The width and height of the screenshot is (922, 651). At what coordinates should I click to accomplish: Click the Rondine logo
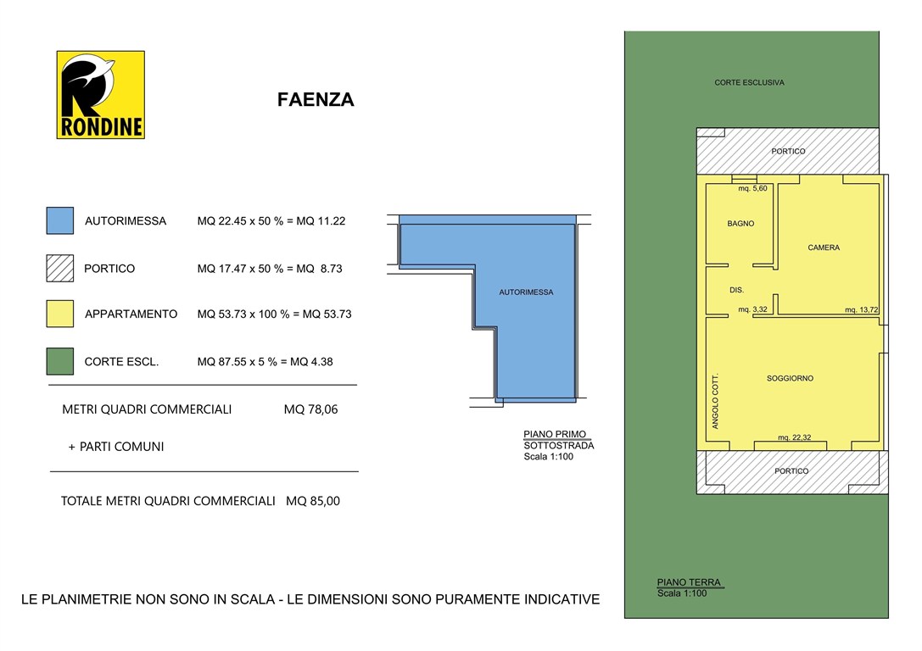pyautogui.click(x=100, y=94)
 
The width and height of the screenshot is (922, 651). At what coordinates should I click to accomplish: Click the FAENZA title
pyautogui.click(x=316, y=100)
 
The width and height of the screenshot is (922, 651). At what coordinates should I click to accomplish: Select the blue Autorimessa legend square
pyautogui.click(x=59, y=220)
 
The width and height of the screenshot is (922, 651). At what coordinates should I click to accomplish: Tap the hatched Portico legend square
pyautogui.click(x=59, y=268)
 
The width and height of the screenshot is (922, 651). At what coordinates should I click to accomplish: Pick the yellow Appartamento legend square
pyautogui.click(x=59, y=314)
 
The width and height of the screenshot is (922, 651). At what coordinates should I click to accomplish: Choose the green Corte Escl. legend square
pyautogui.click(x=59, y=361)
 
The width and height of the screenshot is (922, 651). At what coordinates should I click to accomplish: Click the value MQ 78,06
pyautogui.click(x=310, y=409)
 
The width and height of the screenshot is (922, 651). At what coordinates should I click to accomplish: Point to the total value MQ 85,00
pyautogui.click(x=312, y=501)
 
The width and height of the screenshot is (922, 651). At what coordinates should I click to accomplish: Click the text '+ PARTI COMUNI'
pyautogui.click(x=116, y=447)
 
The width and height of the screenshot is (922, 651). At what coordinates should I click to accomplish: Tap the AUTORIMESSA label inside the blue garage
pyautogui.click(x=526, y=292)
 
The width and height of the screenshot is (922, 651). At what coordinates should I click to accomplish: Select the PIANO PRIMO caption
pyautogui.click(x=555, y=434)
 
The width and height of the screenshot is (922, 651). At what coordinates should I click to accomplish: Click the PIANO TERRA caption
pyautogui.click(x=689, y=582)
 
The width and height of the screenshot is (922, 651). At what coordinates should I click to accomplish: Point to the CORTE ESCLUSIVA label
pyautogui.click(x=749, y=83)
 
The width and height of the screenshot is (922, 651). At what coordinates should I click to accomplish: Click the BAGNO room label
pyautogui.click(x=740, y=224)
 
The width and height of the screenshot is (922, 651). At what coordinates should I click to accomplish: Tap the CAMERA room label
pyautogui.click(x=824, y=248)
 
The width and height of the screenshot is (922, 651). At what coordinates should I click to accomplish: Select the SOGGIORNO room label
pyautogui.click(x=790, y=378)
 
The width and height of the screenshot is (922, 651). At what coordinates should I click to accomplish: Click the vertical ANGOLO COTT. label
pyautogui.click(x=715, y=401)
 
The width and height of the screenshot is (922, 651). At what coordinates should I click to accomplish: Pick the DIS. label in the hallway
pyautogui.click(x=736, y=290)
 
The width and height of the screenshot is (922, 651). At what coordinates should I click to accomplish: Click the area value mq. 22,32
pyautogui.click(x=795, y=437)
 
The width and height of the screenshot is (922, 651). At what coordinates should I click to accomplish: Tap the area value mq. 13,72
pyautogui.click(x=861, y=310)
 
